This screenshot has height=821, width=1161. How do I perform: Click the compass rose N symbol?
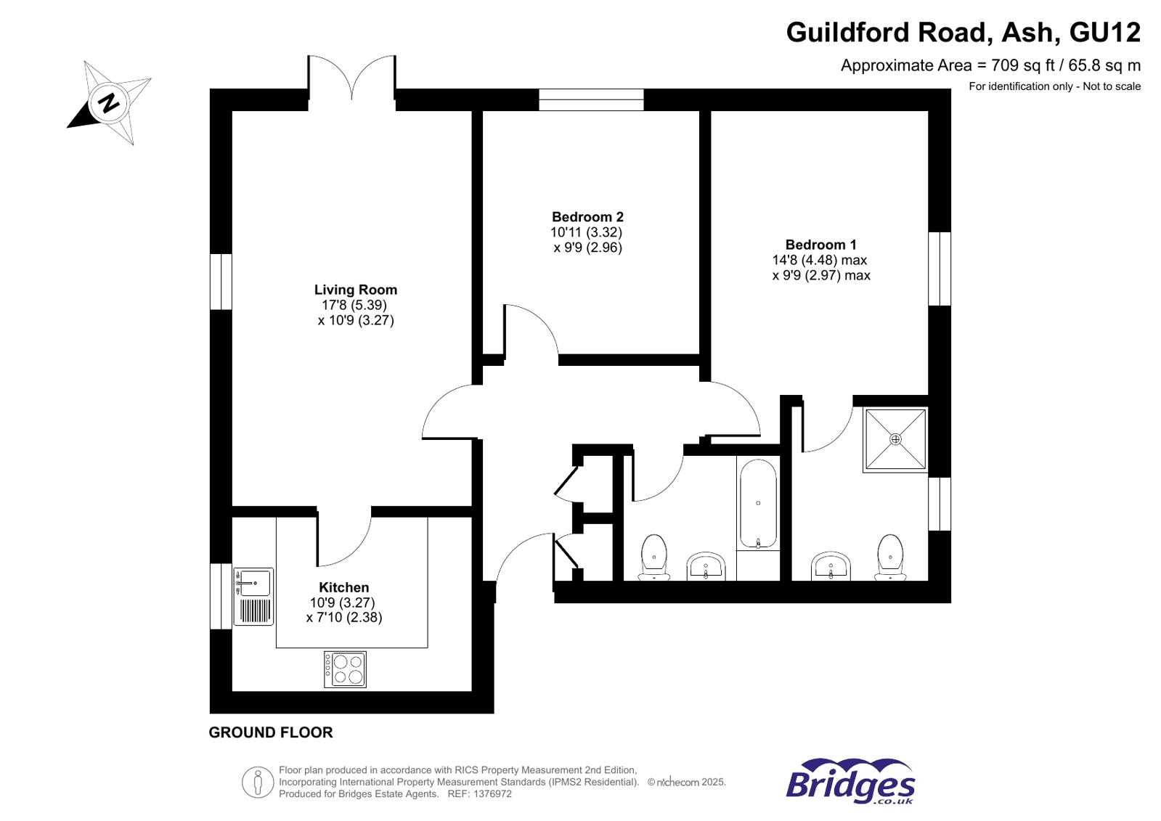[110, 102]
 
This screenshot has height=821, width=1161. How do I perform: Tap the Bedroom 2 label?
[587, 217]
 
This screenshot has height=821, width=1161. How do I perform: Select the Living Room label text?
[355, 290]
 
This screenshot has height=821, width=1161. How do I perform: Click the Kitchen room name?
[343, 587]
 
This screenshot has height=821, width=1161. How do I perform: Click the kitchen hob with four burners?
[345, 669]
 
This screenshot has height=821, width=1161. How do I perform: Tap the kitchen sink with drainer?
[253, 596]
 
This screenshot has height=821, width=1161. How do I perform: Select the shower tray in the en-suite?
[895, 439]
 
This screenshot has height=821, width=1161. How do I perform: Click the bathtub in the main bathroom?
[757, 504]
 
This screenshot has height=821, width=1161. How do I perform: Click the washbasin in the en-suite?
[831, 566]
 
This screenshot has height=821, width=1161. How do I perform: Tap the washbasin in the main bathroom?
[706, 566]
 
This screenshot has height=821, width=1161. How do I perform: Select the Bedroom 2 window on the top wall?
[591, 99]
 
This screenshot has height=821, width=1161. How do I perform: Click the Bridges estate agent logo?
[850, 781]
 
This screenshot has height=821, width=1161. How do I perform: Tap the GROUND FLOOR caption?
[270, 732]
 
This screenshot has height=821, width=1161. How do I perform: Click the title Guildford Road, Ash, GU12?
[963, 32]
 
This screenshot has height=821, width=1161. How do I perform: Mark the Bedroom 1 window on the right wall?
[940, 269]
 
